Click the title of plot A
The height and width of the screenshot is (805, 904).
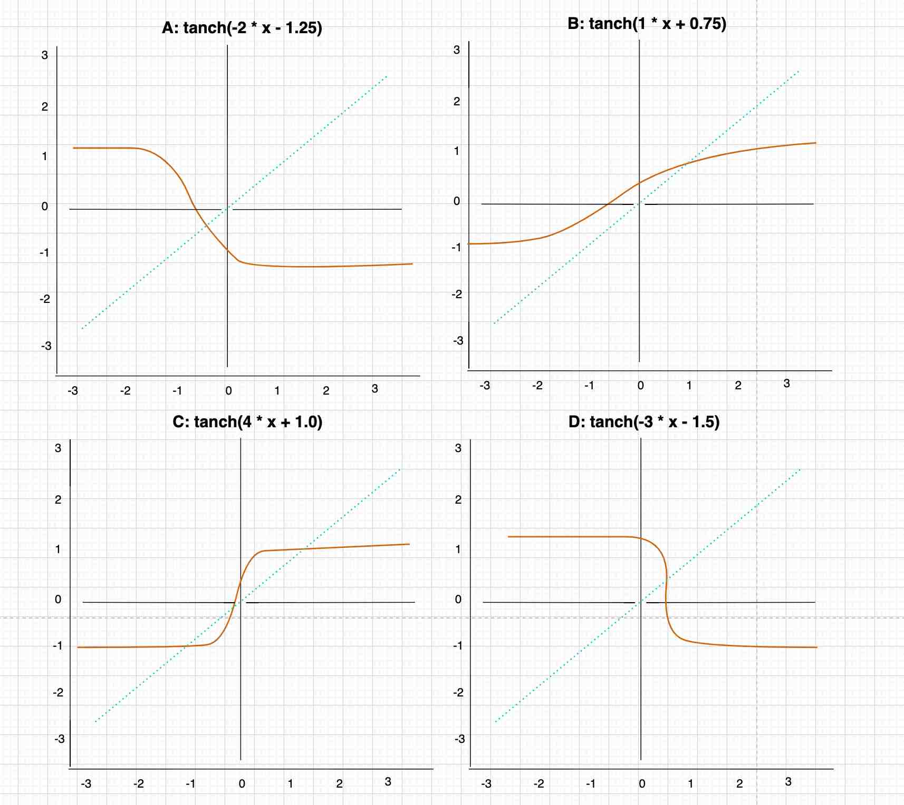(x=242, y=27)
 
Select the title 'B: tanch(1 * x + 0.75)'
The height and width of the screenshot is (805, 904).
(x=647, y=24)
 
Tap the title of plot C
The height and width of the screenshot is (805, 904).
(x=247, y=422)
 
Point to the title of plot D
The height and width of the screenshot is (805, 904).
(x=644, y=422)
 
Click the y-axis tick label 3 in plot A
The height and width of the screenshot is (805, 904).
(x=45, y=55)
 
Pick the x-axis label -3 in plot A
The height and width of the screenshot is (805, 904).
(x=73, y=391)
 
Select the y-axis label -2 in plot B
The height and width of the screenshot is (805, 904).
(x=457, y=294)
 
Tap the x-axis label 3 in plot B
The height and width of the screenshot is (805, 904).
(x=786, y=384)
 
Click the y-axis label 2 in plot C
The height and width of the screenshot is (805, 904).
(x=58, y=499)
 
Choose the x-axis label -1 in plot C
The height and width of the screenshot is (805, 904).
(x=190, y=784)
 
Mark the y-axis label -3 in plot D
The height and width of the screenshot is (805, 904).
(x=459, y=739)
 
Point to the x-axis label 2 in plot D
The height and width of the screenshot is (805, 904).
(x=739, y=784)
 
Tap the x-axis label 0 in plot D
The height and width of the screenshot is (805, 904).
(x=642, y=784)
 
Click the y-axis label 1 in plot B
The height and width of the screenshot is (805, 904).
(x=457, y=152)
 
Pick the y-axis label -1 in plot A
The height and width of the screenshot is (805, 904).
(x=44, y=253)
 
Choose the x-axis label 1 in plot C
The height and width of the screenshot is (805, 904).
(x=290, y=784)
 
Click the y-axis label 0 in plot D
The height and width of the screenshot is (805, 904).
(x=458, y=600)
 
